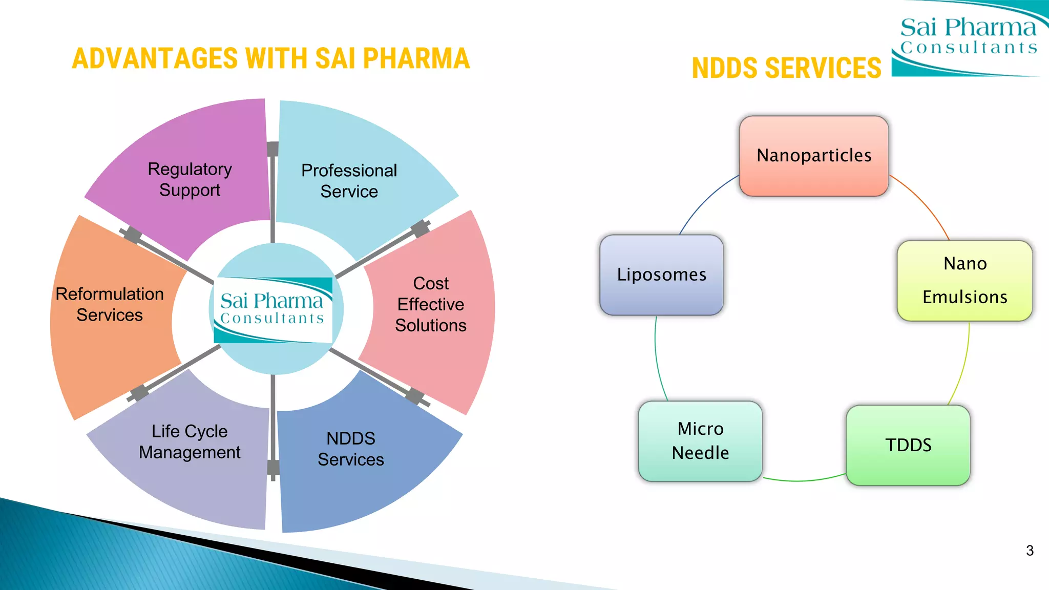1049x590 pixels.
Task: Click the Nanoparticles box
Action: coord(814,156)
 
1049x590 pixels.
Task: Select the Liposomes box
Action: coord(661,275)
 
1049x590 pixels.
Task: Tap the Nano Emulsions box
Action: coord(964,281)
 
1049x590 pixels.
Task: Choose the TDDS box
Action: coord(908,445)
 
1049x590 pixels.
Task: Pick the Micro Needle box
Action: coord(700,441)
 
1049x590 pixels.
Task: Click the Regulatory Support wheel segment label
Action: coord(190,179)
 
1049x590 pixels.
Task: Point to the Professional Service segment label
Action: coord(349,181)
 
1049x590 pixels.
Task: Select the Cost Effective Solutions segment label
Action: coord(431,304)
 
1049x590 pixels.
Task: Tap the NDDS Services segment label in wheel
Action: coord(351,449)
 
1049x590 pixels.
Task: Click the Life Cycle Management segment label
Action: coord(190,441)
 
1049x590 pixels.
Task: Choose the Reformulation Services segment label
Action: coord(110,304)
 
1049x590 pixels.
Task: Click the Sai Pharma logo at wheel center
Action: coord(273,309)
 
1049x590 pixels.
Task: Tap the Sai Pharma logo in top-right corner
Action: coord(968,38)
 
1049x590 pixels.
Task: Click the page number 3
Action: coord(1030,551)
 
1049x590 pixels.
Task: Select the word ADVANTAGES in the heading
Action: coord(155,58)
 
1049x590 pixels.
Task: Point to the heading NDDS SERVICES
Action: coord(786,68)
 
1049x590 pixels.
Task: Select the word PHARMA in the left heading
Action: coord(416,58)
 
